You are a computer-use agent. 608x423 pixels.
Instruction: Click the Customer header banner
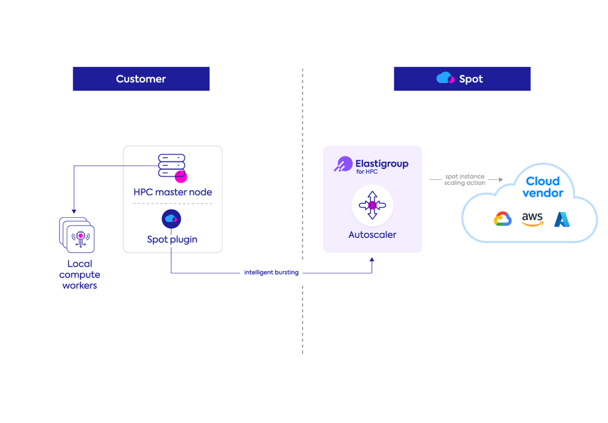click(x=141, y=79)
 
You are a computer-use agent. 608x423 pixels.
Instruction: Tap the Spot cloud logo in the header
click(x=446, y=78)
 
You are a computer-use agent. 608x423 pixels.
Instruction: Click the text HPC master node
click(x=173, y=192)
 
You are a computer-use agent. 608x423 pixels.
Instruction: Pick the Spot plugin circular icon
click(x=171, y=219)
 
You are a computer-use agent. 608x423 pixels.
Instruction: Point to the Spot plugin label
click(x=172, y=239)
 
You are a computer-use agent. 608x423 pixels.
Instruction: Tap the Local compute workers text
click(x=80, y=275)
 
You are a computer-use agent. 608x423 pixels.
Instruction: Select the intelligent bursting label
click(x=271, y=272)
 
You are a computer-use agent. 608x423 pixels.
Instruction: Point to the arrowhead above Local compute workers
click(x=74, y=208)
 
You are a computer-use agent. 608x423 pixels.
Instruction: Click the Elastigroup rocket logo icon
click(x=343, y=165)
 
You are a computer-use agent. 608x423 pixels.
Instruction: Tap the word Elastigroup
click(x=382, y=163)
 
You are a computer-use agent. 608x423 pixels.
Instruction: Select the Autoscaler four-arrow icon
click(x=372, y=205)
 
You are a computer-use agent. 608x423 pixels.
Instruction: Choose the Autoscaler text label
click(x=372, y=235)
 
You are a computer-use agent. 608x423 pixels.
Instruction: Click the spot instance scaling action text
click(x=464, y=180)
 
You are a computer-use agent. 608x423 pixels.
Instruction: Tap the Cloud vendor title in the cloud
click(x=543, y=187)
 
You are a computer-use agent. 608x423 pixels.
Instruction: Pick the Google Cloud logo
click(x=503, y=219)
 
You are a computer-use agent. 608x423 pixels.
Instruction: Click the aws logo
click(x=532, y=219)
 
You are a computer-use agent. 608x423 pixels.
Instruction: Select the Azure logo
click(x=562, y=219)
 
